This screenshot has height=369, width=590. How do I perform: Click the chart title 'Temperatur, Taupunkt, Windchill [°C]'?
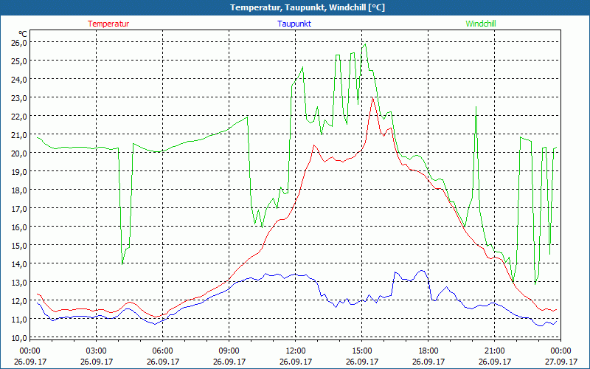[295, 7]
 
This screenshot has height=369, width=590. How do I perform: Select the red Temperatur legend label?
[108, 24]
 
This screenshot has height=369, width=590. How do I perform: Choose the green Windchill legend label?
[480, 24]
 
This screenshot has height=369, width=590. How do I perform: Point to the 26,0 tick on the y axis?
[18, 42]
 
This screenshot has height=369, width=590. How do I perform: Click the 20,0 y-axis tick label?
[18, 153]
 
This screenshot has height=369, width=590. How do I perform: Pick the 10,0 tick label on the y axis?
[18, 337]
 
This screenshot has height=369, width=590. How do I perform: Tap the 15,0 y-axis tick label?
[18, 245]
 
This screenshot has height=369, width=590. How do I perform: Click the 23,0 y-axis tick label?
[18, 97]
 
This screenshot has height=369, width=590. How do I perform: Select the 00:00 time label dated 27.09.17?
[560, 351]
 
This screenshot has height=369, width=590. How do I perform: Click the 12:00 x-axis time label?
[295, 351]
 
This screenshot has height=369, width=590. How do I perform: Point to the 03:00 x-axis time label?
[97, 351]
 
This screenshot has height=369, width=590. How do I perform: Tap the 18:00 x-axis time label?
[428, 351]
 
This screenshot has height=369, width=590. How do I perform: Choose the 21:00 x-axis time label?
[494, 351]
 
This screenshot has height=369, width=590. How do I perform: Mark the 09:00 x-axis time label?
[229, 351]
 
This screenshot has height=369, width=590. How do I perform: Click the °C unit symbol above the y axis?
[23, 34]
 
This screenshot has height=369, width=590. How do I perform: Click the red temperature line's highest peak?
[373, 98]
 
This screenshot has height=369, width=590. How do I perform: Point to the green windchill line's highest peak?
[364, 44]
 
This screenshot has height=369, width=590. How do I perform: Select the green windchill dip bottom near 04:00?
[122, 263]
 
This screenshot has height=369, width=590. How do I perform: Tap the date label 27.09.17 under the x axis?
[560, 362]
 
